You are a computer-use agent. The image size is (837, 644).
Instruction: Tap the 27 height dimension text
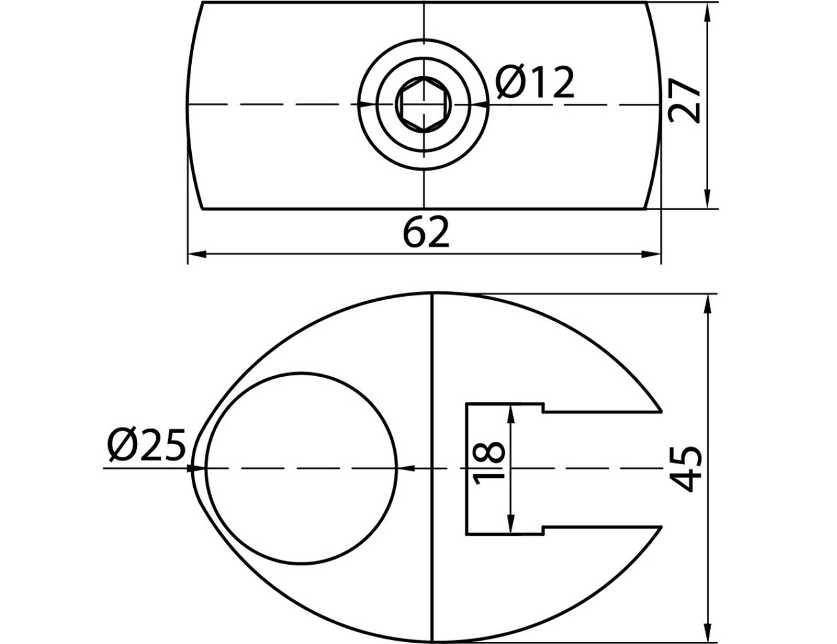click(684, 101)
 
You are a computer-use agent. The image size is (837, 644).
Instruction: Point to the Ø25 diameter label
click(146, 445)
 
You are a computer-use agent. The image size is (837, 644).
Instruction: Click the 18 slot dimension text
click(489, 463)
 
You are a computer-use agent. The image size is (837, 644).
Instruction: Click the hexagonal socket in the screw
click(424, 104)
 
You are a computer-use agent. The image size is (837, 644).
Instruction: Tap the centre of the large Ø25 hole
click(301, 468)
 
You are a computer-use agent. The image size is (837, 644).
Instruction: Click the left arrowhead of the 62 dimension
click(197, 254)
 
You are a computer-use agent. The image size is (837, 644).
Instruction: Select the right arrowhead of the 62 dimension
click(651, 254)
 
